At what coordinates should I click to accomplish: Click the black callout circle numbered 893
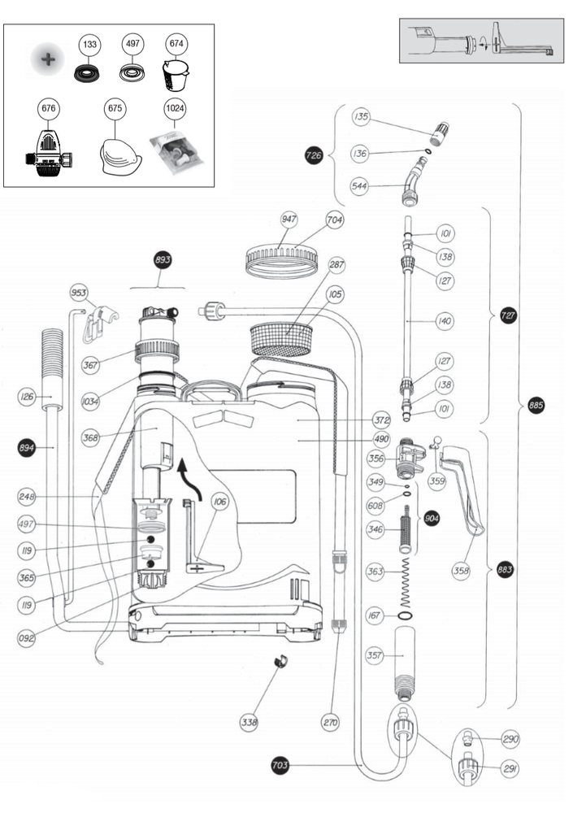(163, 261)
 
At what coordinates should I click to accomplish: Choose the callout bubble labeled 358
(462, 571)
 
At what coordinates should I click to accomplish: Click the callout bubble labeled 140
(444, 322)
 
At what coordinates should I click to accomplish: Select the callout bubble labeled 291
(510, 768)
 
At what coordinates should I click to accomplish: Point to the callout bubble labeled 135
(362, 118)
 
